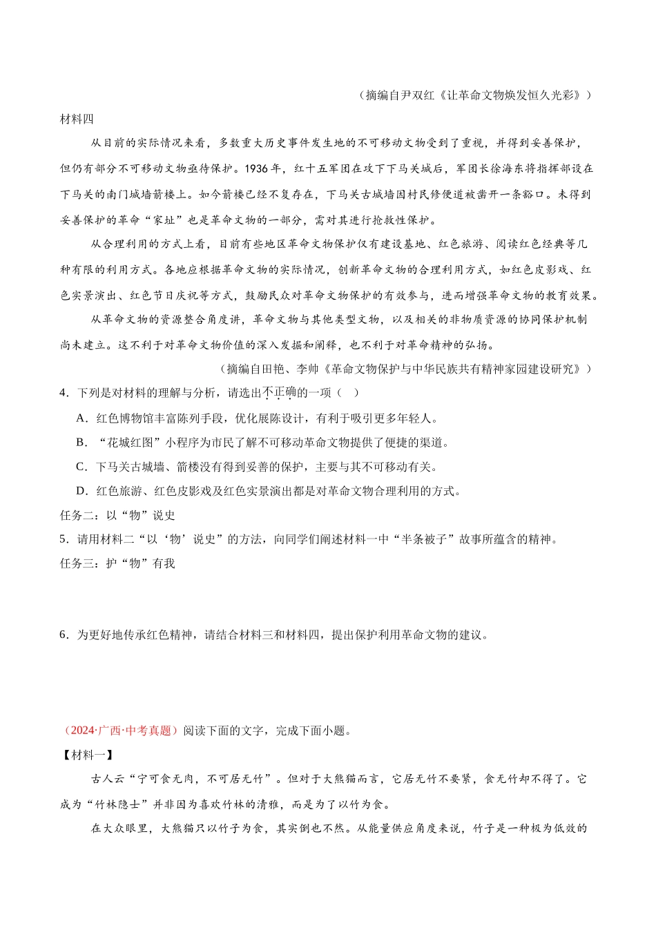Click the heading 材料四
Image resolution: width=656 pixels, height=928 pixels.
tap(77, 119)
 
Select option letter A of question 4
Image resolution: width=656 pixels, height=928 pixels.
tap(81, 418)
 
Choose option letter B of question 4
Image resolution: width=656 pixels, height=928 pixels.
tap(81, 443)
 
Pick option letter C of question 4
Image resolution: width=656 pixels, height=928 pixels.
tap(81, 467)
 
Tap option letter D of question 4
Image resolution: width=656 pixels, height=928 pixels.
tap(81, 491)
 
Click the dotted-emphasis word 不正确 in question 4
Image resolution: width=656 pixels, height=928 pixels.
tap(279, 393)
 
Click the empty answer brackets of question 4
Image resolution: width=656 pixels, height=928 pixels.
tap(349, 393)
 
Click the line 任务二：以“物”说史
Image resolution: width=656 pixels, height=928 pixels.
tap(117, 515)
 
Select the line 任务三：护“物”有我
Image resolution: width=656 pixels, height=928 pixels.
tap(117, 563)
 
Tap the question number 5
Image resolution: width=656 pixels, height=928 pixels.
tap(64, 539)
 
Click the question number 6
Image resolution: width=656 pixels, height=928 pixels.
tap(64, 635)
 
